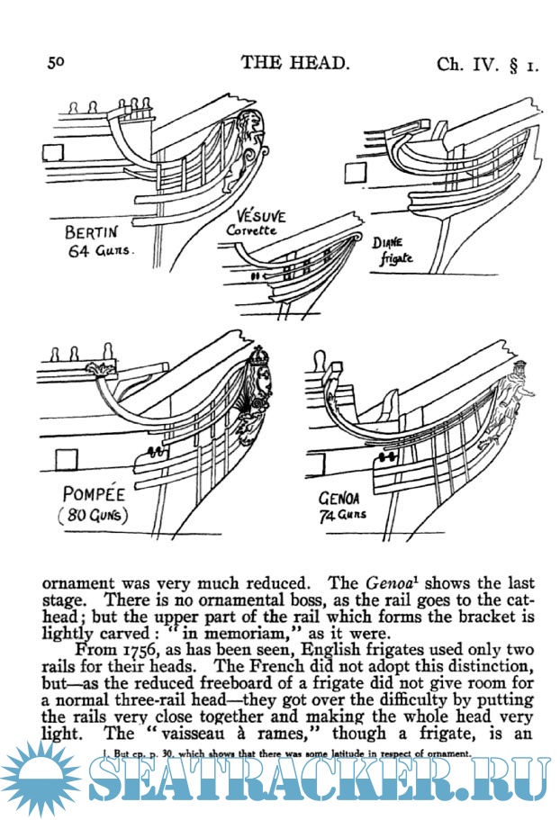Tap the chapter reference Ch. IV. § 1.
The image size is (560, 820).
click(x=487, y=64)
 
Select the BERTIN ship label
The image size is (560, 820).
click(x=95, y=232)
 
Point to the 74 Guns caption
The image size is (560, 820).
click(x=343, y=515)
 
